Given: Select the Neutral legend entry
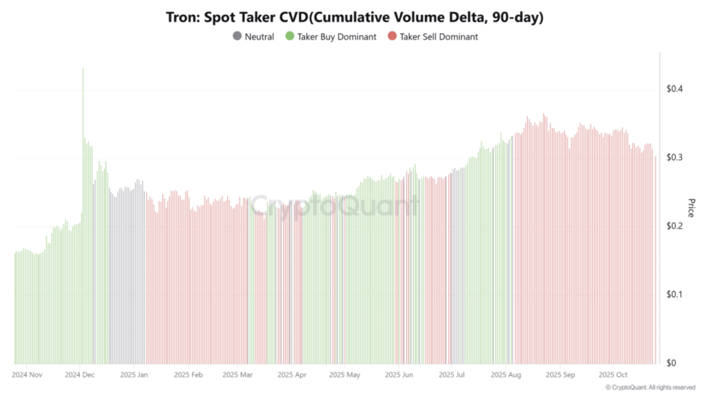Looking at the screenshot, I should click(x=259, y=37).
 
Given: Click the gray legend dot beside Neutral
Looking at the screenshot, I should click(x=238, y=37).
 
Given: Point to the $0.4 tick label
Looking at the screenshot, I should click(x=675, y=89).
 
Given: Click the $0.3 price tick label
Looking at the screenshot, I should click(x=675, y=158).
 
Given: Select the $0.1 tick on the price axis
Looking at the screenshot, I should click(x=675, y=295).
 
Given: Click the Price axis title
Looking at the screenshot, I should click(x=691, y=207).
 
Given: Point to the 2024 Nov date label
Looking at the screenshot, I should click(x=28, y=375).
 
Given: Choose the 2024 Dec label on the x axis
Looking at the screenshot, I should click(x=80, y=375).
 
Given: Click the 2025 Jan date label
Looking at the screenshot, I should click(x=134, y=375).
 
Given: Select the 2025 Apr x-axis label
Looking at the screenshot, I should click(x=292, y=375).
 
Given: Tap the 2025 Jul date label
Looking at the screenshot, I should click(x=452, y=375).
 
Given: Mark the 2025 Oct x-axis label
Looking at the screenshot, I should click(x=612, y=375).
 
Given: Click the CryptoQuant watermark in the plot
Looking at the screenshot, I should click(x=335, y=205).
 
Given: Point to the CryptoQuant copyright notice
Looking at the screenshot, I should click(x=650, y=388).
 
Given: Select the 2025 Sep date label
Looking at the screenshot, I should click(x=560, y=375).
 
